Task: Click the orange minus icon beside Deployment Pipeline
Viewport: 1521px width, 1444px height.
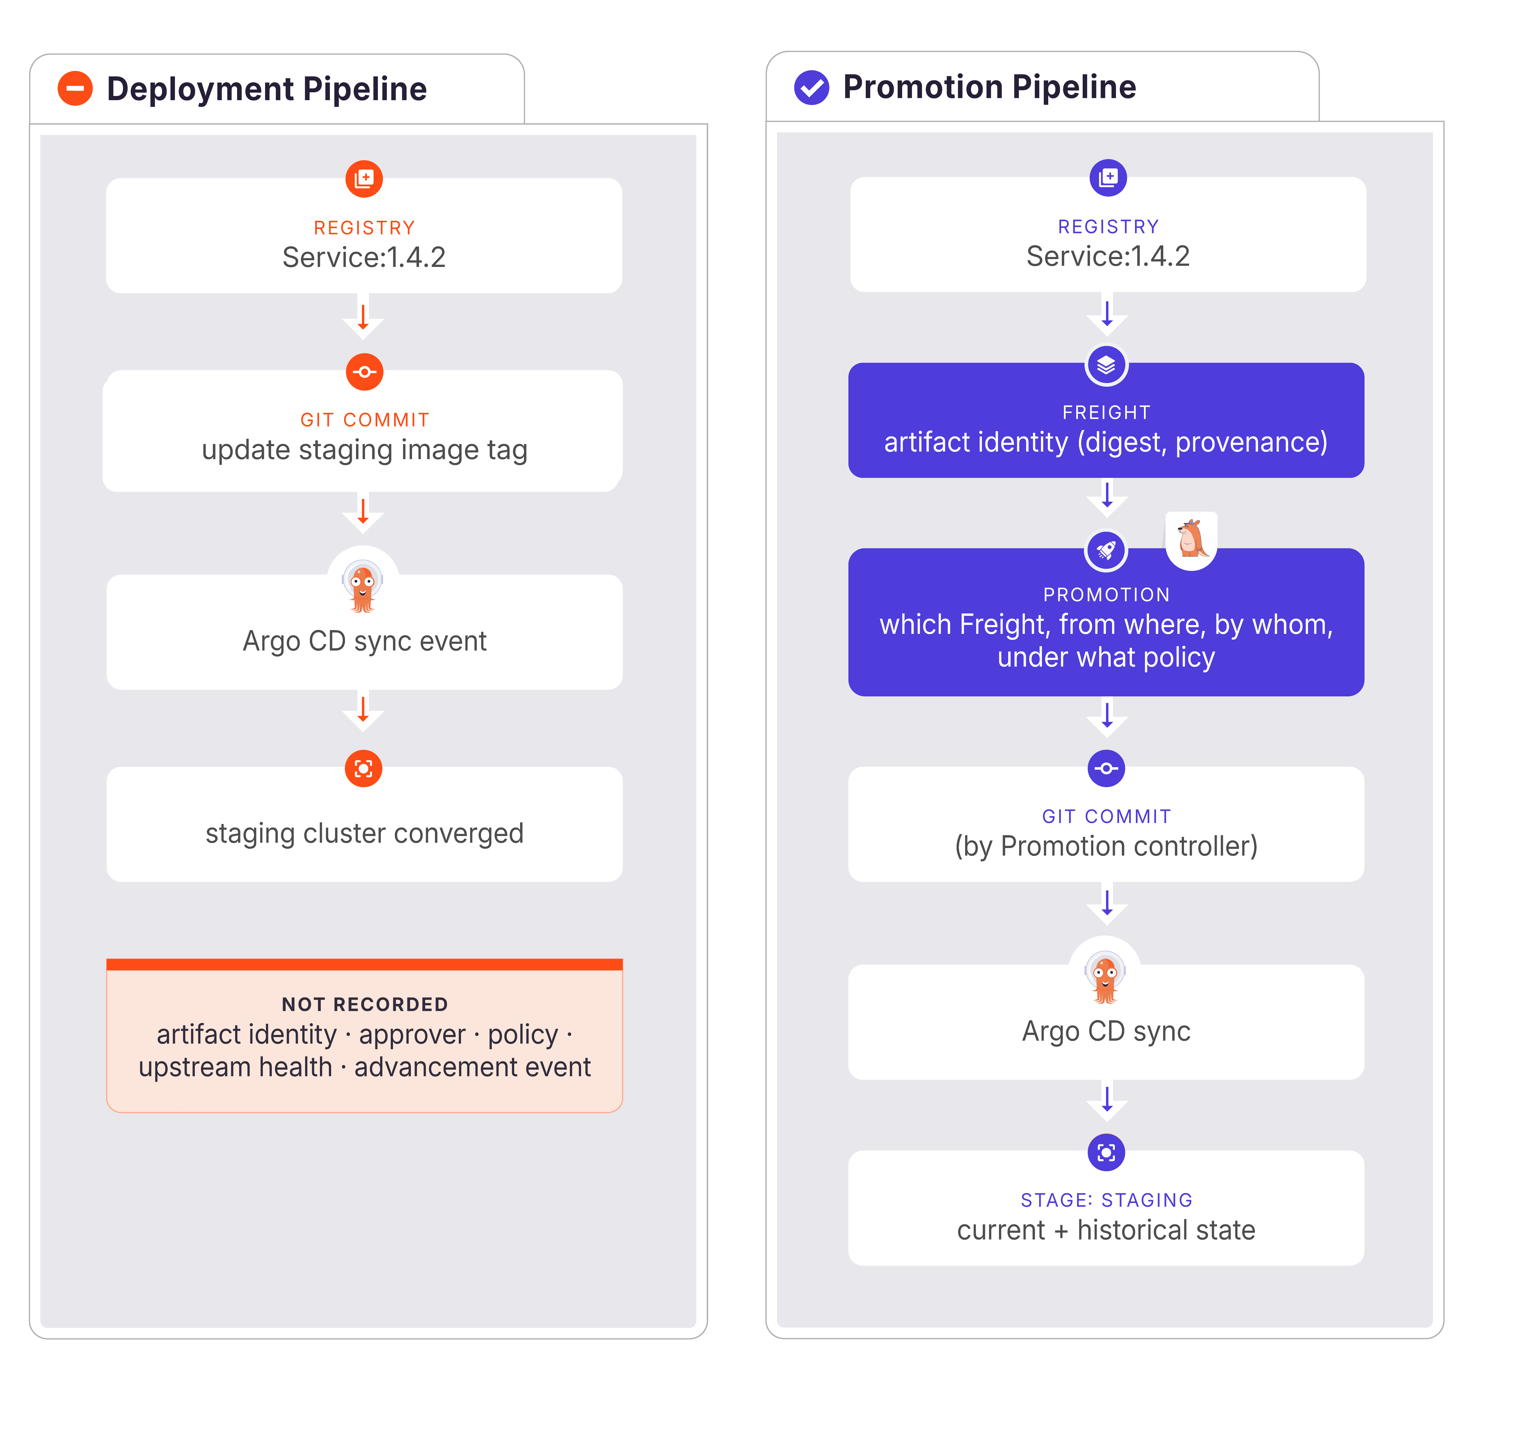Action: point(75,88)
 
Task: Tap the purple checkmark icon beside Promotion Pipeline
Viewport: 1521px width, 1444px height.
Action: point(811,87)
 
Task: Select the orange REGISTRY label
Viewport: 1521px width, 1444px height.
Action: point(364,228)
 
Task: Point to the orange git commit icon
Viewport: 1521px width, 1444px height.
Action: point(364,372)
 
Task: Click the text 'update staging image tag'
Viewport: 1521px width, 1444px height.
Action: point(364,450)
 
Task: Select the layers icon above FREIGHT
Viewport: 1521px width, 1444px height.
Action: point(1106,365)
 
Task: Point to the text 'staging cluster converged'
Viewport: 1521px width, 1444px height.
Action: point(364,833)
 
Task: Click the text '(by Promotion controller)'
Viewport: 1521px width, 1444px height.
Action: point(1106,846)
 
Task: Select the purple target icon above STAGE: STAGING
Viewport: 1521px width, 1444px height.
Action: point(1106,1152)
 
